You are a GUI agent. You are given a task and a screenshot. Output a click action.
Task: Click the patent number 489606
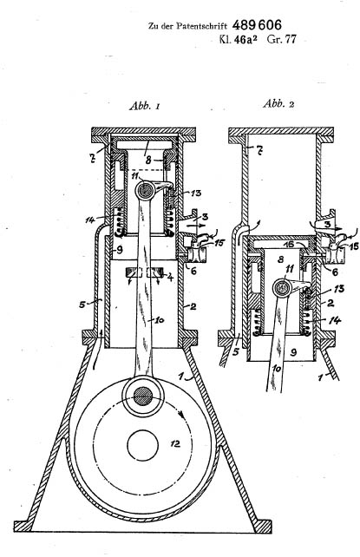257,25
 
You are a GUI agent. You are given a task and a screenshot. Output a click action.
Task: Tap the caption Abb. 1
145,106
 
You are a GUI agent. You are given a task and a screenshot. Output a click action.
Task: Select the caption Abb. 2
278,104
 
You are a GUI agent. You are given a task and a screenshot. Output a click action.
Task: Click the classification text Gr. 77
282,39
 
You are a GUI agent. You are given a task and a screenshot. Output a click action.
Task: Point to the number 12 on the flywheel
175,443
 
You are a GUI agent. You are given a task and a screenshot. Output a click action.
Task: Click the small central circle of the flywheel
143,445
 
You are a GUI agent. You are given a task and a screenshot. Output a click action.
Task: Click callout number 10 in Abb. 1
159,320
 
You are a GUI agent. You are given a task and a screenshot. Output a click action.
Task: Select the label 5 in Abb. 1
82,304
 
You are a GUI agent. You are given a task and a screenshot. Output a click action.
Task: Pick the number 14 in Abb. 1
90,220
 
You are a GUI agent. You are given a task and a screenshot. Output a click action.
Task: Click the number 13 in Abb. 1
196,193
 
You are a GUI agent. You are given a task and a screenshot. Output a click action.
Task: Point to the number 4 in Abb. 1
170,276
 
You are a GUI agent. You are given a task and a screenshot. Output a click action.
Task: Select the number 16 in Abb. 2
291,246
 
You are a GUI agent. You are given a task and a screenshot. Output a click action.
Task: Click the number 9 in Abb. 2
293,352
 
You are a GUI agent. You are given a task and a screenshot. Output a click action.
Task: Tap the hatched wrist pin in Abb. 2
283,288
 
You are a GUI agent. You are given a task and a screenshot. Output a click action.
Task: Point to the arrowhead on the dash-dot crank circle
181,414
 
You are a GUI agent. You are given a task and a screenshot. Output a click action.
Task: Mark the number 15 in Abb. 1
219,243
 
